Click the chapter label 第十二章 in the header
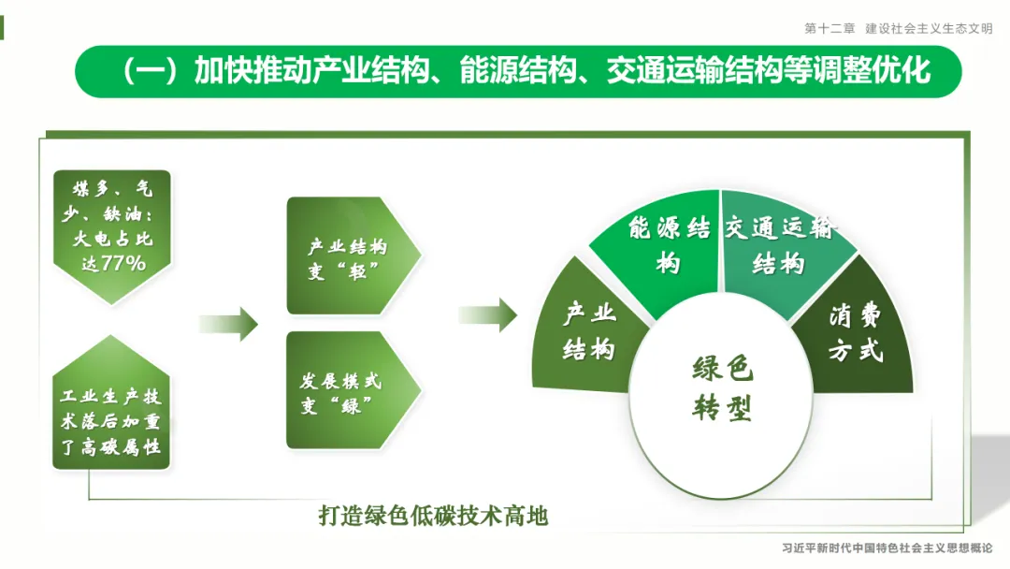830,29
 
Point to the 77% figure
123,264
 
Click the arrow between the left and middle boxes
228,324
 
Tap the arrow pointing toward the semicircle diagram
487,315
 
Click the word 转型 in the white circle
722,408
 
